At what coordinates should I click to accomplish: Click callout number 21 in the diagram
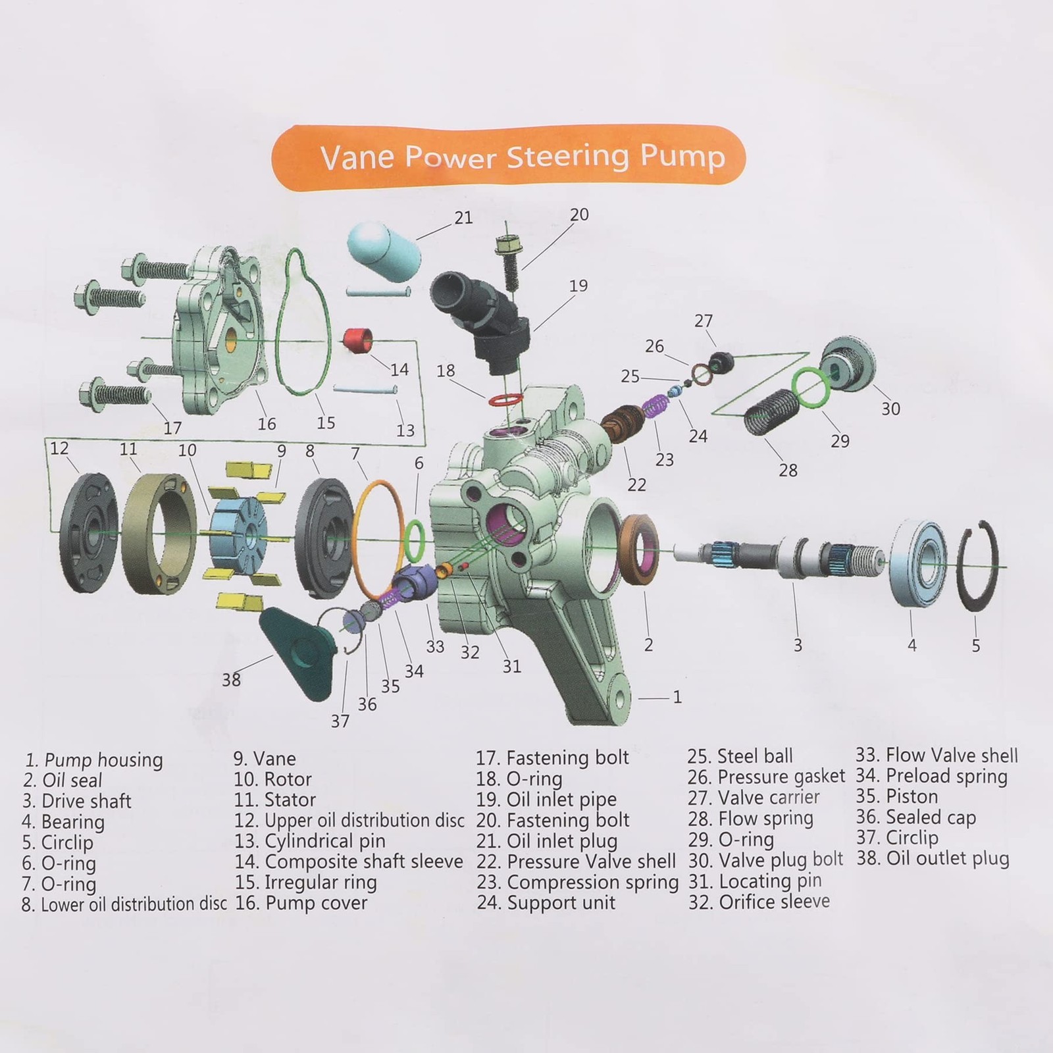pyautogui.click(x=463, y=217)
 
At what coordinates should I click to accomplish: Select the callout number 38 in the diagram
pyautogui.click(x=231, y=679)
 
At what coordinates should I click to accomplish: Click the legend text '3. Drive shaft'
pyautogui.click(x=76, y=802)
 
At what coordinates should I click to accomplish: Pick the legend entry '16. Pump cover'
pyautogui.click(x=301, y=903)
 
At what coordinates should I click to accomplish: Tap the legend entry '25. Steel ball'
pyautogui.click(x=740, y=756)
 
